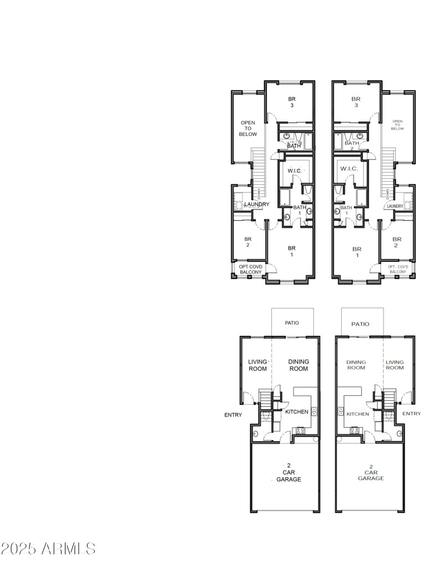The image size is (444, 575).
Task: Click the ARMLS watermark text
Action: pos(48,549)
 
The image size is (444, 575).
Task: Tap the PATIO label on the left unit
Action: pos(292,322)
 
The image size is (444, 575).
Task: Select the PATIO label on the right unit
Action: pos(360,324)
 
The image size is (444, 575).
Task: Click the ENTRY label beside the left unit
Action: pos(233,415)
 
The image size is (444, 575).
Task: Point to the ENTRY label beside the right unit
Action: pos(411,413)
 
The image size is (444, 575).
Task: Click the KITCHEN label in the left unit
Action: pos(297,412)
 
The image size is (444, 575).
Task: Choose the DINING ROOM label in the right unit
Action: pos(356,364)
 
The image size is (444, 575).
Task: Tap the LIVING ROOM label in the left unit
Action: pos(258,365)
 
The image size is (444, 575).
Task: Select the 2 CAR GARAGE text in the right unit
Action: pos(371,472)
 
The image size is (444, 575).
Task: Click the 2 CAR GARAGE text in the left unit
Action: pos(289,472)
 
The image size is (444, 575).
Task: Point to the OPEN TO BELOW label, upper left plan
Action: pos(248,128)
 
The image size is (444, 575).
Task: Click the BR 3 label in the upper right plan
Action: pos(356,102)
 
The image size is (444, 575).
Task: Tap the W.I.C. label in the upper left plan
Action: pos(294,170)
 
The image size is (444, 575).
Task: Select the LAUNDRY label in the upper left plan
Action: pos(256,204)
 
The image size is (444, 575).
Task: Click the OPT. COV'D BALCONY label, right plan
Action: pos(398,269)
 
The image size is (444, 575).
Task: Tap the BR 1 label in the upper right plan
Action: pos(357,253)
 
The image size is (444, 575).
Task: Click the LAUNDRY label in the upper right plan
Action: pos(395,206)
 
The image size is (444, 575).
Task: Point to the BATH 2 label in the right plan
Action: pos(352,145)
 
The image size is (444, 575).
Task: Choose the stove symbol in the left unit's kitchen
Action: pos(300,430)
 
